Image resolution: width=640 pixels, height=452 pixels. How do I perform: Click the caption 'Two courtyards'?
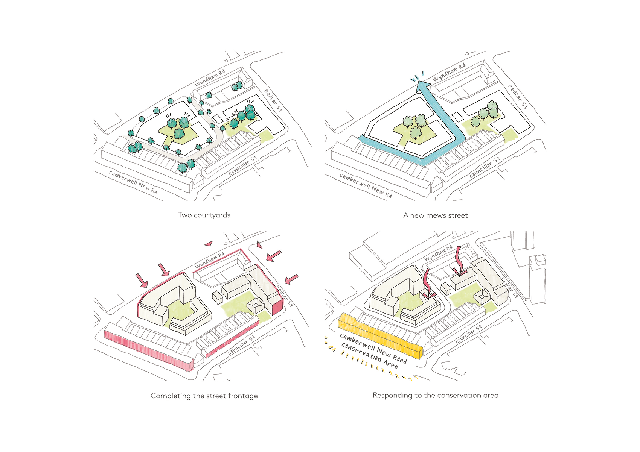coord(204,215)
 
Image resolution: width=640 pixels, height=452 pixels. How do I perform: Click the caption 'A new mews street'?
coord(435,215)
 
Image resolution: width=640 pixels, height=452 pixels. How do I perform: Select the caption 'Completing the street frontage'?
coord(204,396)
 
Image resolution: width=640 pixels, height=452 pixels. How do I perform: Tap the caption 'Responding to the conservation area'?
coord(435,395)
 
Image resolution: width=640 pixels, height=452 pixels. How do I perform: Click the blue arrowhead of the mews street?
coord(422,85)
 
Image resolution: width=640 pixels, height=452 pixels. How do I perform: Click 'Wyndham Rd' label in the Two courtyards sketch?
coord(210,77)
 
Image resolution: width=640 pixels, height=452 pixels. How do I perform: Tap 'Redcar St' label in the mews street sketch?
coord(518,97)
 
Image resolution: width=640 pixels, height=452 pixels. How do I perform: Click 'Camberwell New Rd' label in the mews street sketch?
coord(366,185)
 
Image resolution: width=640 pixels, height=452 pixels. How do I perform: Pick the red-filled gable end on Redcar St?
coord(277,307)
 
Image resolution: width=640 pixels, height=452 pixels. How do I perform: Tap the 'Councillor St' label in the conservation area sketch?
coord(469,334)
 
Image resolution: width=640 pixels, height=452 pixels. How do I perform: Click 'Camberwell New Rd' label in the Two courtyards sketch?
coord(133,182)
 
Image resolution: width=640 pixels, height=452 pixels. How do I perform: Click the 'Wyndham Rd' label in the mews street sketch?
coord(449,72)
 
